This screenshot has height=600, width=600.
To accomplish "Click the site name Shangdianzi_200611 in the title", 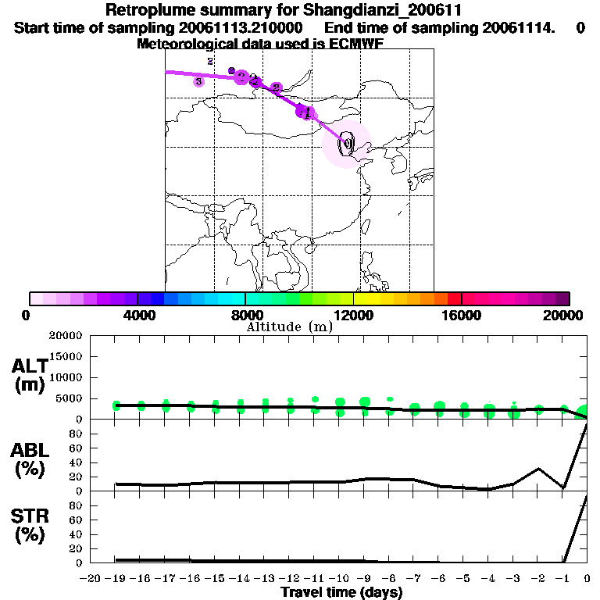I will coord(386,11).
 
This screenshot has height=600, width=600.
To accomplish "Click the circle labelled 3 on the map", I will coord(198,81).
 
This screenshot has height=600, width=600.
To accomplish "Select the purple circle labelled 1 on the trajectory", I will coord(304,112).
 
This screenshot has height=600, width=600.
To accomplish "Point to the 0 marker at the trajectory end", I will coord(346,143).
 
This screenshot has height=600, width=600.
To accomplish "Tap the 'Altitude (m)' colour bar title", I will coord(289,327).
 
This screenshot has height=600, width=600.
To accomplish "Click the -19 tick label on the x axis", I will coord(116,578).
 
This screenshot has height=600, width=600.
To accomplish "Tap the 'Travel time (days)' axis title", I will coord(341,592).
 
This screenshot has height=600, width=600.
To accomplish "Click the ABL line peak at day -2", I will coord(538,469).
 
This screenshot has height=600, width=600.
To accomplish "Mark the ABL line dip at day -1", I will coord(563,487).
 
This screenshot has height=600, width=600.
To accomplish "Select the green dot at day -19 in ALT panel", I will coord(116,405).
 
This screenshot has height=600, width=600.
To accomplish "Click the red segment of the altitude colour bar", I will coord(454,298).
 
